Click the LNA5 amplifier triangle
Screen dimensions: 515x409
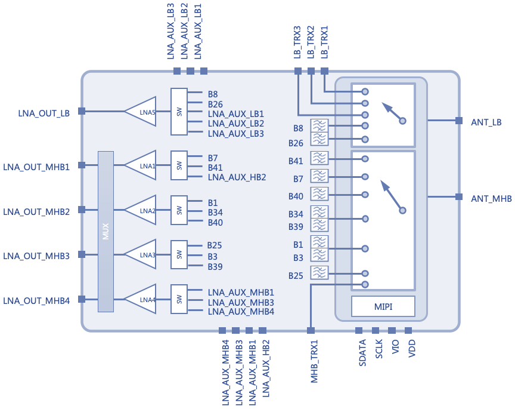point(141,112)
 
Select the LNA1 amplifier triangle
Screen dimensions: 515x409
point(141,165)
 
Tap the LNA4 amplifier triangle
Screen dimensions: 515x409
point(141,299)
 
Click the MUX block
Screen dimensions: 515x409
point(106,232)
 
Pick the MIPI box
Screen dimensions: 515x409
point(383,306)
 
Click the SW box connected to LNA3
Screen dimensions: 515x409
point(179,254)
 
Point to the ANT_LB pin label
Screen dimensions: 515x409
point(486,122)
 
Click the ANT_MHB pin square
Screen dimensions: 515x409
point(459,197)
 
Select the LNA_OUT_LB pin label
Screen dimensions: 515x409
point(44,113)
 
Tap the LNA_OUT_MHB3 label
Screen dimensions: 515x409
point(36,256)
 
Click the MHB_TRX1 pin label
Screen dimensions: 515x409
point(314,362)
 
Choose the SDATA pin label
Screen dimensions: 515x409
point(362,353)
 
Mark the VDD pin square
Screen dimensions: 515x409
point(408,330)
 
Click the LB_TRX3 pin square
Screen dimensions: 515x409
point(298,70)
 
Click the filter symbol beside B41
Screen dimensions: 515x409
point(319,158)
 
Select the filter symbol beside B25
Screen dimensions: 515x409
point(319,272)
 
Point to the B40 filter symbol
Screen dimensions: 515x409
point(319,194)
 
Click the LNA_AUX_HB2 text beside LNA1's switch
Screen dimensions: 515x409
point(237,177)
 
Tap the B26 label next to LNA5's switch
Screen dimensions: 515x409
point(215,104)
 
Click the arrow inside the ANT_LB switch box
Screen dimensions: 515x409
point(392,111)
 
